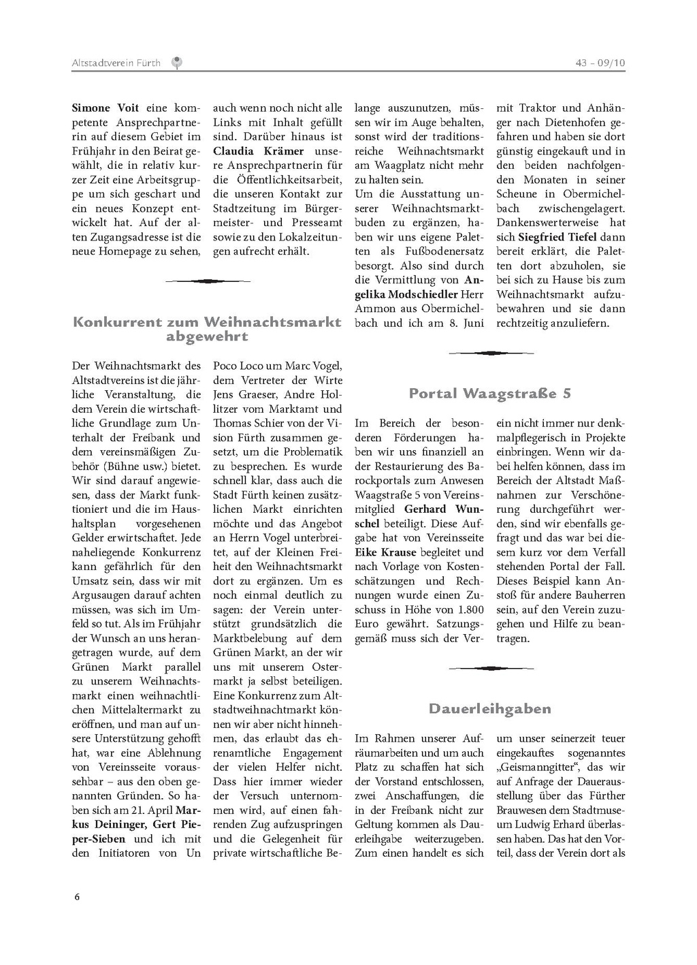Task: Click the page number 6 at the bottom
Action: coord(77,897)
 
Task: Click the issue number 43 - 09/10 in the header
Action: coord(600,63)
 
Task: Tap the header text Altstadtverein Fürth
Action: coord(116,63)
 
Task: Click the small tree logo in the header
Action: coord(176,63)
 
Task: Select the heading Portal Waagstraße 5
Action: coord(489,394)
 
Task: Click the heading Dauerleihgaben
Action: coord(489,709)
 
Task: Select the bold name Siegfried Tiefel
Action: coord(557,237)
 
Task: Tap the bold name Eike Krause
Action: coord(385,552)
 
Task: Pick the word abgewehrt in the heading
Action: coord(207,336)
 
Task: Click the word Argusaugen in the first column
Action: coord(102,595)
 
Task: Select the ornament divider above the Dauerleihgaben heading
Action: coord(489,669)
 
